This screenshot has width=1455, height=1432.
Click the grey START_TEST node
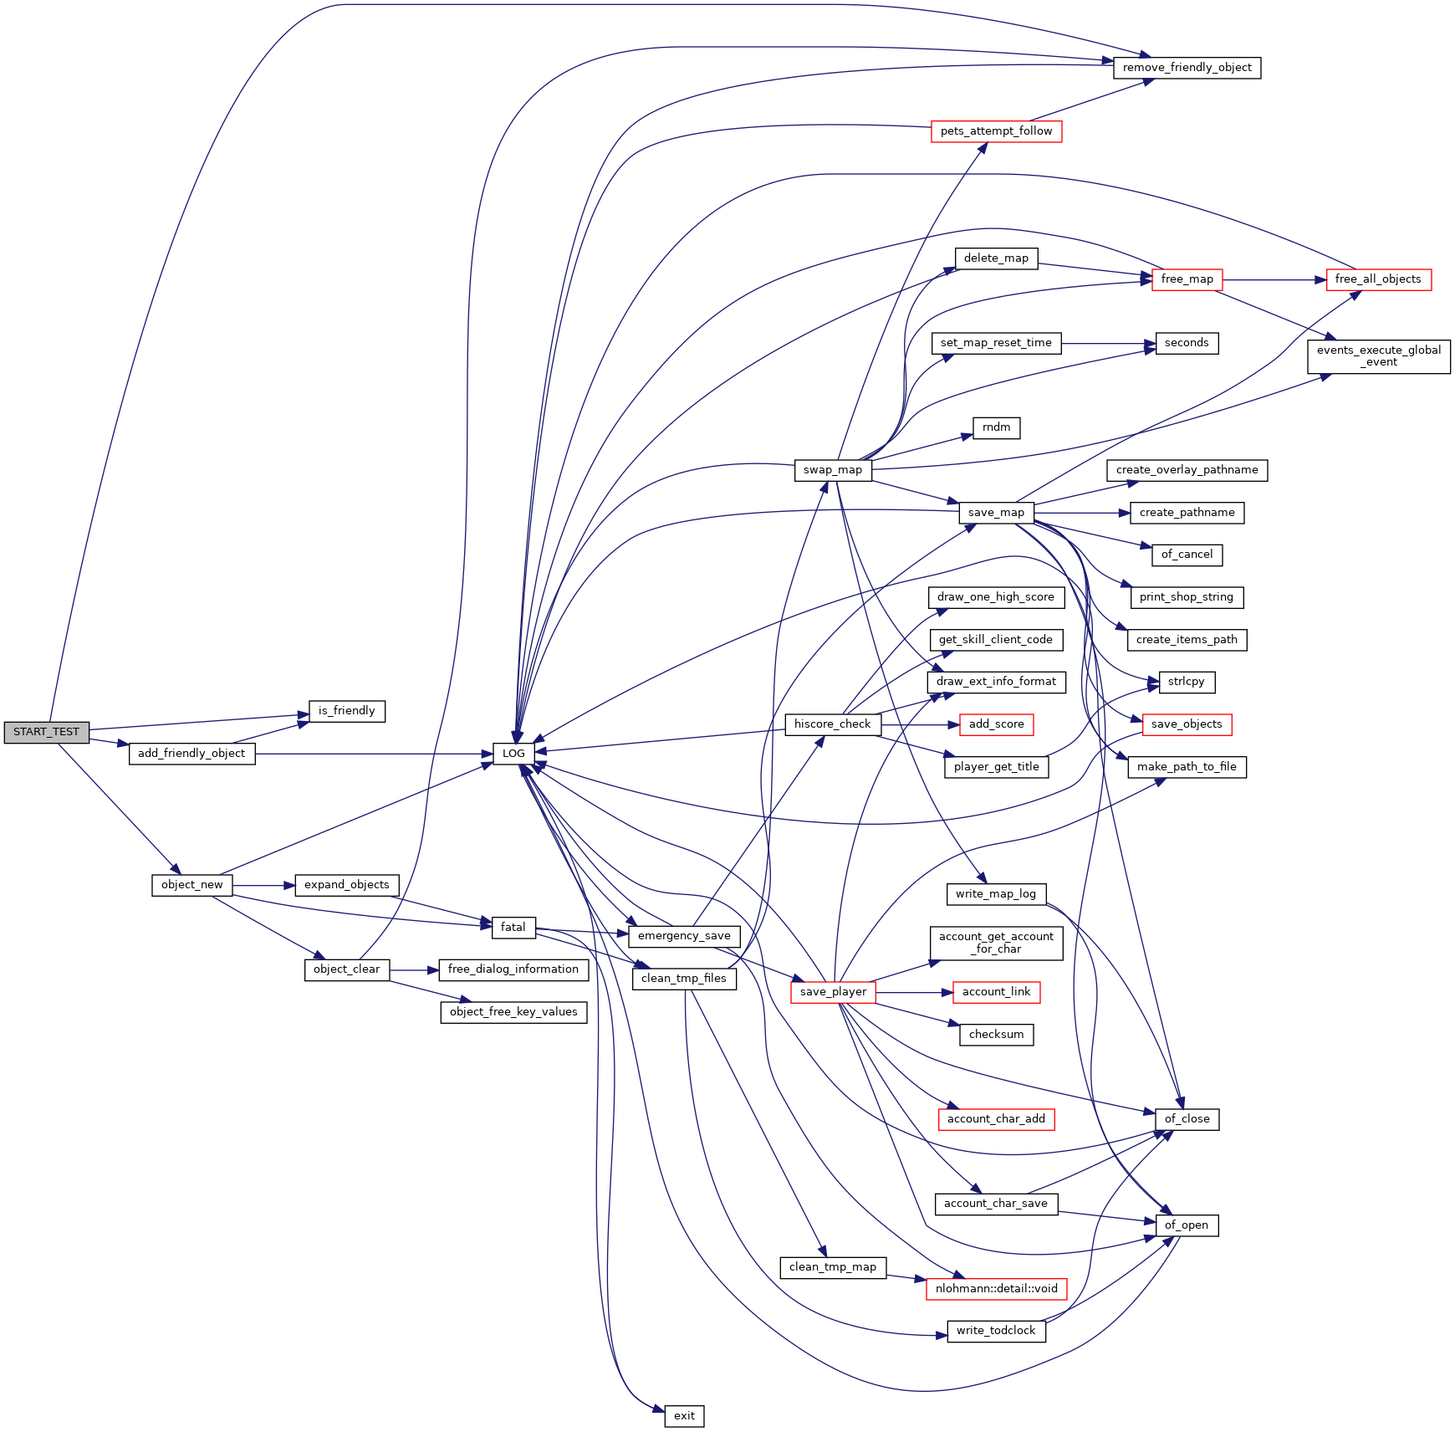pyautogui.click(x=46, y=732)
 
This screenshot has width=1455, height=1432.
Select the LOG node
pyautogui.click(x=513, y=754)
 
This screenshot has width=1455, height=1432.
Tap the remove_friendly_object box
pyautogui.click(x=1187, y=68)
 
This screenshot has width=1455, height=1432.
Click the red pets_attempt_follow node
pyautogui.click(x=996, y=131)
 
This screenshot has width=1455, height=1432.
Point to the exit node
pyautogui.click(x=684, y=1416)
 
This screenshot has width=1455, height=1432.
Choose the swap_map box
pyautogui.click(x=832, y=470)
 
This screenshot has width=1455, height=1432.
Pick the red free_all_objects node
pyautogui.click(x=1378, y=279)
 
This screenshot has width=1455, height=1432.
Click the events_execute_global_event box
pyautogui.click(x=1378, y=356)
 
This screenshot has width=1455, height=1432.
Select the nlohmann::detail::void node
pyautogui.click(x=996, y=1289)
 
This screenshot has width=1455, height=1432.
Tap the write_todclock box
pyautogui.click(x=996, y=1331)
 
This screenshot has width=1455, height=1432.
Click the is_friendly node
pyautogui.click(x=346, y=711)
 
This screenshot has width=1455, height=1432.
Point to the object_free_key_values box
pyautogui.click(x=513, y=1012)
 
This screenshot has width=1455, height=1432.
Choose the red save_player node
pyautogui.click(x=833, y=992)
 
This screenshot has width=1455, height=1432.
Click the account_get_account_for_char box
pyautogui.click(x=996, y=943)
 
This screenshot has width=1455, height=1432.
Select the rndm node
pyautogui.click(x=996, y=427)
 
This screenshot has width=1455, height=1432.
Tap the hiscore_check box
pyautogui.click(x=832, y=724)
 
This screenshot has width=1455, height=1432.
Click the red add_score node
pyautogui.click(x=996, y=724)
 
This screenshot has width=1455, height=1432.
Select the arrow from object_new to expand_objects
pyautogui.click(x=263, y=885)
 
